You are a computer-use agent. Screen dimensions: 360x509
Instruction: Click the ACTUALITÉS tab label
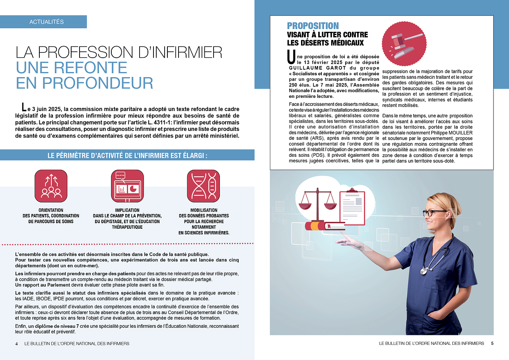pyautogui.click(x=47, y=22)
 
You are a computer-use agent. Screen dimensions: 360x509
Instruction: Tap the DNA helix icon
pyautogui.click(x=203, y=186)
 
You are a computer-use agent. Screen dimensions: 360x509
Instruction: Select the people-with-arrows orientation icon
pyautogui.click(x=51, y=186)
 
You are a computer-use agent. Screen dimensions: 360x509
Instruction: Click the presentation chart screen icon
pyautogui.click(x=127, y=186)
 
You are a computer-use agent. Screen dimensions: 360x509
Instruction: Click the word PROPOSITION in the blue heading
pyautogui.click(x=313, y=26)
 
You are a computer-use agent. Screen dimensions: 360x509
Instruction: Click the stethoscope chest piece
pyautogui.click(x=424, y=271)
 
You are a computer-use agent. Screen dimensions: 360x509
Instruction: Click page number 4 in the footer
pyautogui.click(x=17, y=343)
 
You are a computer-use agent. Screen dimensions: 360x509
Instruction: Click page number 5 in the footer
pyautogui.click(x=492, y=343)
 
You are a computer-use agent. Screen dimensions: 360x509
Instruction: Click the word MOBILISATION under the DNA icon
pyautogui.click(x=204, y=210)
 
